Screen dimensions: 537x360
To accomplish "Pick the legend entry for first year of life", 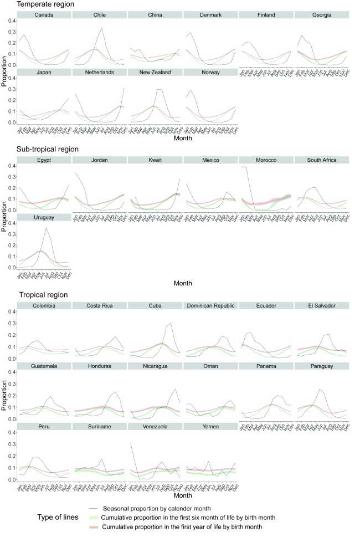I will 183,526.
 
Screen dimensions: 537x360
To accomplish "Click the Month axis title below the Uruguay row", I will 183,283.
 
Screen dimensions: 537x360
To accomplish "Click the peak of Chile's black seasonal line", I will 102,28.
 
